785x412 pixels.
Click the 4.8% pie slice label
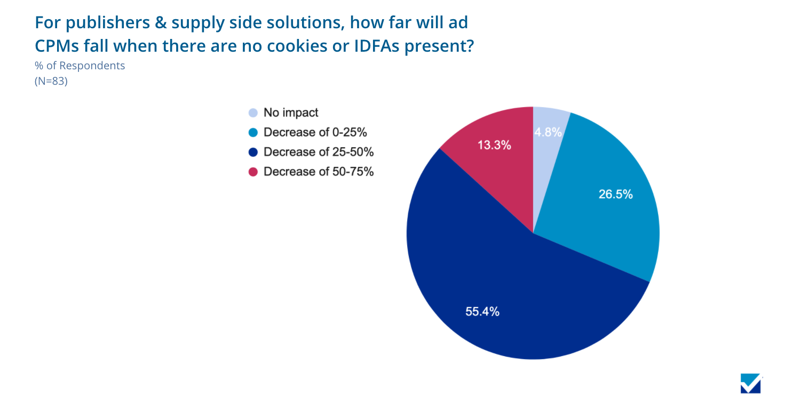coord(549,132)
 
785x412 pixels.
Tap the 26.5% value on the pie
coord(615,195)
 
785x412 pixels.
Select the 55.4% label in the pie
coord(482,312)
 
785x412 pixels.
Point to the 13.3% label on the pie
coord(494,144)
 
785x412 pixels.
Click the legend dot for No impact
coord(253,113)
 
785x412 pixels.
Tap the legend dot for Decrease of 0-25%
coord(253,133)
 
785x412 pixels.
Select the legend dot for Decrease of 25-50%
coord(253,152)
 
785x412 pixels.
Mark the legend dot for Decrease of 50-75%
coord(253,172)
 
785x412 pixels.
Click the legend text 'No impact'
coord(291,113)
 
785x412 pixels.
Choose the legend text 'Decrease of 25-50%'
coord(319,152)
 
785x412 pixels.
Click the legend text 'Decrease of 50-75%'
coord(319,172)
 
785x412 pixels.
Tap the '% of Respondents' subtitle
coord(80,66)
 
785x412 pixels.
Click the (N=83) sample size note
coord(51,82)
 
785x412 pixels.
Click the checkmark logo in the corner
coord(751,383)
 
